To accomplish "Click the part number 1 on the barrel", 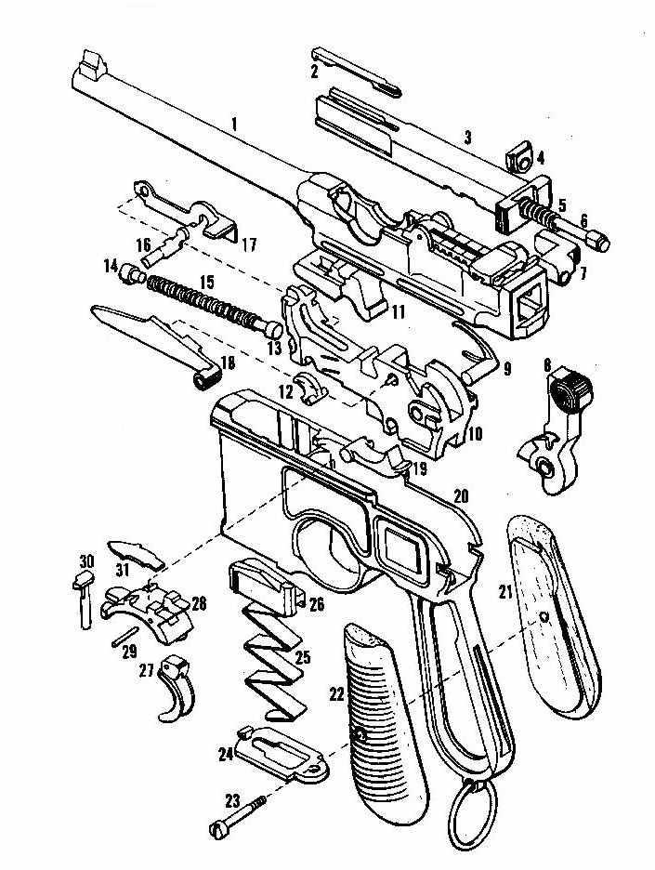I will (235, 124).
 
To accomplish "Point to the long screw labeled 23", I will (243, 814).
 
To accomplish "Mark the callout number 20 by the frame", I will (461, 494).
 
